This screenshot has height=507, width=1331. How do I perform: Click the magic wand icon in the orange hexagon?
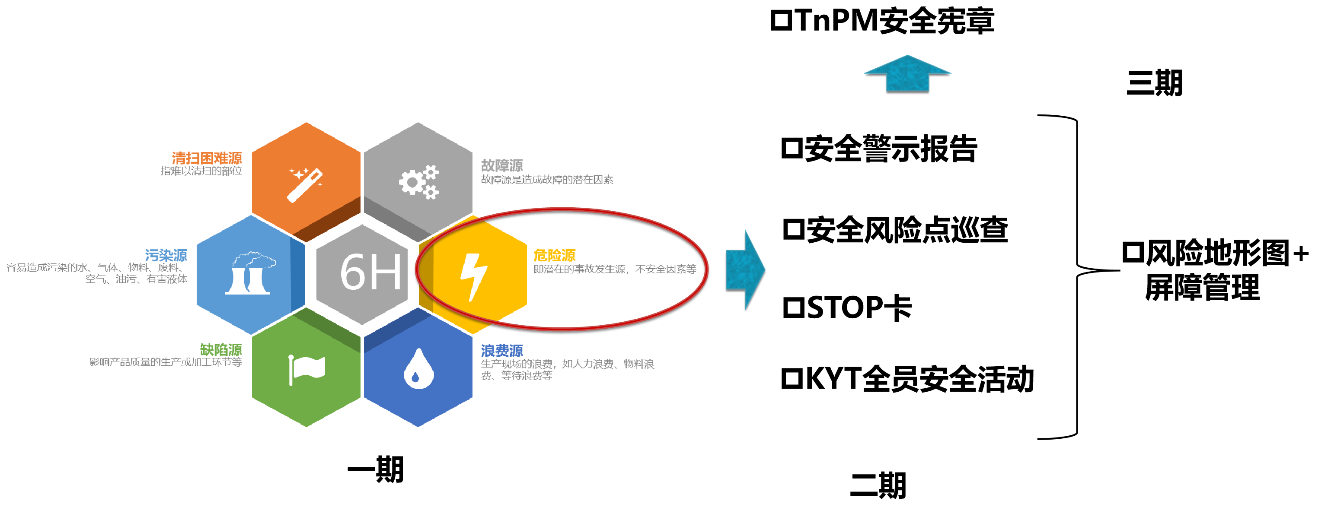point(305,184)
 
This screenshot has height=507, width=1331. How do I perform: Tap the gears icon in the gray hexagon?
point(418,182)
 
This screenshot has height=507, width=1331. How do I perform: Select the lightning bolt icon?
point(473,276)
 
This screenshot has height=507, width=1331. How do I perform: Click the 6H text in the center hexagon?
point(370,272)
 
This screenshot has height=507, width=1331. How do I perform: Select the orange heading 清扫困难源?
point(207,158)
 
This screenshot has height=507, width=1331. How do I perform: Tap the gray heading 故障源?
point(502,165)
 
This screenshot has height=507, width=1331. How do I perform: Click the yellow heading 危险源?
point(554,255)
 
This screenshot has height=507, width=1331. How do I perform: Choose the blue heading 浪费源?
point(502,351)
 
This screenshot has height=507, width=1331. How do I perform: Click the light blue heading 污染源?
point(166,255)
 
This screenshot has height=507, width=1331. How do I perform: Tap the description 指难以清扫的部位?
point(201,171)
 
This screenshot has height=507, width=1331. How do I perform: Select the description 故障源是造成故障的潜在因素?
point(547,180)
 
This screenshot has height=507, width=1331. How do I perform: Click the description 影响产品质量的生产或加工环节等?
point(165,362)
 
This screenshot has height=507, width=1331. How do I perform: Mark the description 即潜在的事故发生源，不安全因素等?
point(614,269)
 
